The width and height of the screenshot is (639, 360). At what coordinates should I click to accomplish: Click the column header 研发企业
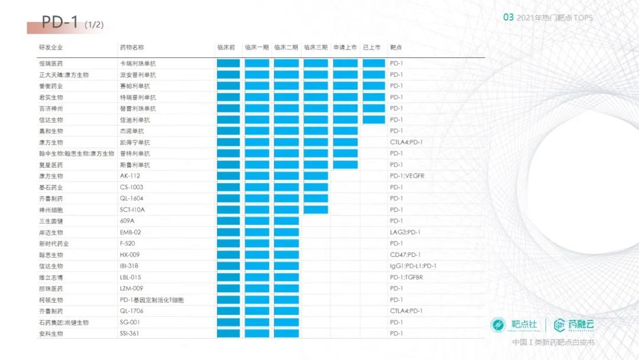(51, 47)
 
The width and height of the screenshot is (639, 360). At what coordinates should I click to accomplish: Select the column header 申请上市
(345, 47)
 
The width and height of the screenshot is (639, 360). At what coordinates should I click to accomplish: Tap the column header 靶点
(396, 47)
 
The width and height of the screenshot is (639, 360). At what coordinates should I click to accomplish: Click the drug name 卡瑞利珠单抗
(138, 63)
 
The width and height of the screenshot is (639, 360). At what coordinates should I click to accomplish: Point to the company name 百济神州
(51, 108)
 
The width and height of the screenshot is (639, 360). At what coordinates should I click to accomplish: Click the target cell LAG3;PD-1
(405, 232)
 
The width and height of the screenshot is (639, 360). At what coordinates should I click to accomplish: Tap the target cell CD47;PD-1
(405, 255)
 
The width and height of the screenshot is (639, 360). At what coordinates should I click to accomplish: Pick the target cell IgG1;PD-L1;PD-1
(413, 266)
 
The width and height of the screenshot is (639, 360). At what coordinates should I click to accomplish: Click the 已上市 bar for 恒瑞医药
(374, 63)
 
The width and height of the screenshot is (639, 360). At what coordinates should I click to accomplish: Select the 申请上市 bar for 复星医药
(345, 165)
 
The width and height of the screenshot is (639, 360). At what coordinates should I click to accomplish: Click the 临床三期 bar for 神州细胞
(315, 210)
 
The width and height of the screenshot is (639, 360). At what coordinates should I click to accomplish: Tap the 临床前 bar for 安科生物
(228, 333)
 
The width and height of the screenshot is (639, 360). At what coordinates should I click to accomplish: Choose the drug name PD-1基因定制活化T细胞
(151, 300)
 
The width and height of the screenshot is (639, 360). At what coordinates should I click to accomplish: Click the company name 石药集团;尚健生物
(64, 322)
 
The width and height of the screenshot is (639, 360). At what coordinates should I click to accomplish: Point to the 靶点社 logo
(514, 324)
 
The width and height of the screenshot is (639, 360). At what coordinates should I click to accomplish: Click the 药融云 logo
(573, 324)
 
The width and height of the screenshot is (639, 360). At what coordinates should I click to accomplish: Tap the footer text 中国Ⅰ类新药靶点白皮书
(553, 343)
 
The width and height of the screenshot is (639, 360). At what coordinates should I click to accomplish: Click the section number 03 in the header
(508, 18)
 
